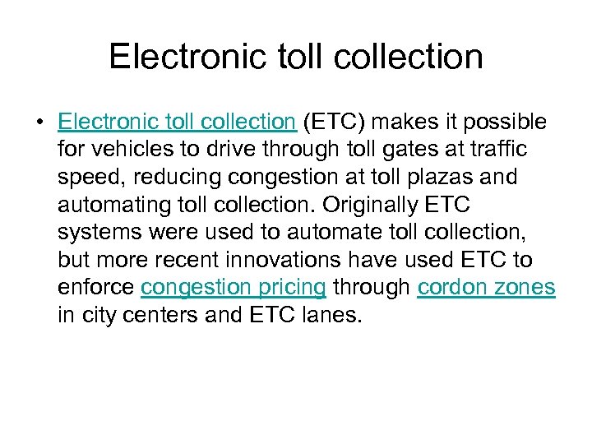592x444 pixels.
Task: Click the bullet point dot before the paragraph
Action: click(39, 123)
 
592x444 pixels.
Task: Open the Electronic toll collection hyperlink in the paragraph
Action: click(177, 123)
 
